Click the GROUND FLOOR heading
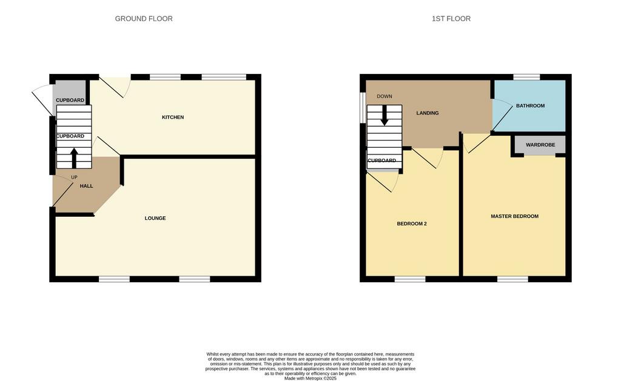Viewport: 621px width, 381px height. pyautogui.click(x=144, y=19)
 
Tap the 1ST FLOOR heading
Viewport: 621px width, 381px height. pyautogui.click(x=451, y=19)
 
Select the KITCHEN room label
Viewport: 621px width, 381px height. pyautogui.click(x=173, y=117)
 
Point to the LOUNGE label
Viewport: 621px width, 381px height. pyautogui.click(x=155, y=218)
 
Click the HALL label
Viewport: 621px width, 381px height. pyautogui.click(x=86, y=186)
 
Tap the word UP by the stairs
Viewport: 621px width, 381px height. pyautogui.click(x=74, y=177)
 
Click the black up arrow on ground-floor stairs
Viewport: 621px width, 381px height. pyautogui.click(x=74, y=158)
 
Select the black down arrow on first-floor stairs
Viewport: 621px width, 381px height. pyautogui.click(x=384, y=116)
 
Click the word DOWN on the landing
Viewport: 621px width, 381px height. pyautogui.click(x=384, y=96)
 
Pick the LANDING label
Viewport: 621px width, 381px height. pyautogui.click(x=428, y=113)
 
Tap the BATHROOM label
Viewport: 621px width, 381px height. pyautogui.click(x=530, y=105)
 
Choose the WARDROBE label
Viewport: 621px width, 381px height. pyautogui.click(x=540, y=145)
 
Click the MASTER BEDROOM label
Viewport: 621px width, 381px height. pyautogui.click(x=514, y=216)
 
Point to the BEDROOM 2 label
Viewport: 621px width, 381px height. pyautogui.click(x=412, y=224)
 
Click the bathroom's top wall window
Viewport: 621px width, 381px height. pyautogui.click(x=526, y=77)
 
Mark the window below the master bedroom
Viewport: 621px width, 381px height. pyautogui.click(x=512, y=279)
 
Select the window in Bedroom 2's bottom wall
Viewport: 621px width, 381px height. pyautogui.click(x=410, y=279)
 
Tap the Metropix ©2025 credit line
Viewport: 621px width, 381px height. pyautogui.click(x=310, y=378)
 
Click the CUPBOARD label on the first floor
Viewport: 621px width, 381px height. pyautogui.click(x=382, y=161)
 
